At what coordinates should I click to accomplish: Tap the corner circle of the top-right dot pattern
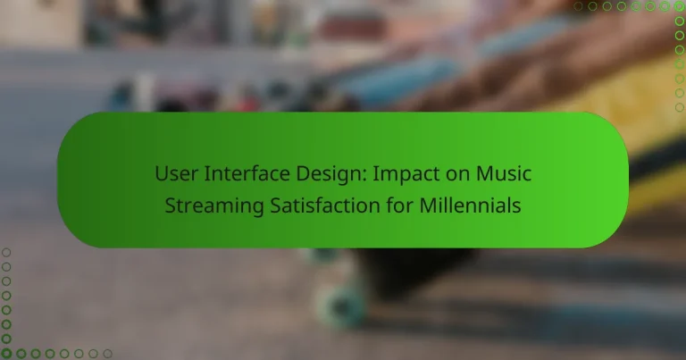[679, 6]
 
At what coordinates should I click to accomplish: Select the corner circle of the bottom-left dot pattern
[6, 354]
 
